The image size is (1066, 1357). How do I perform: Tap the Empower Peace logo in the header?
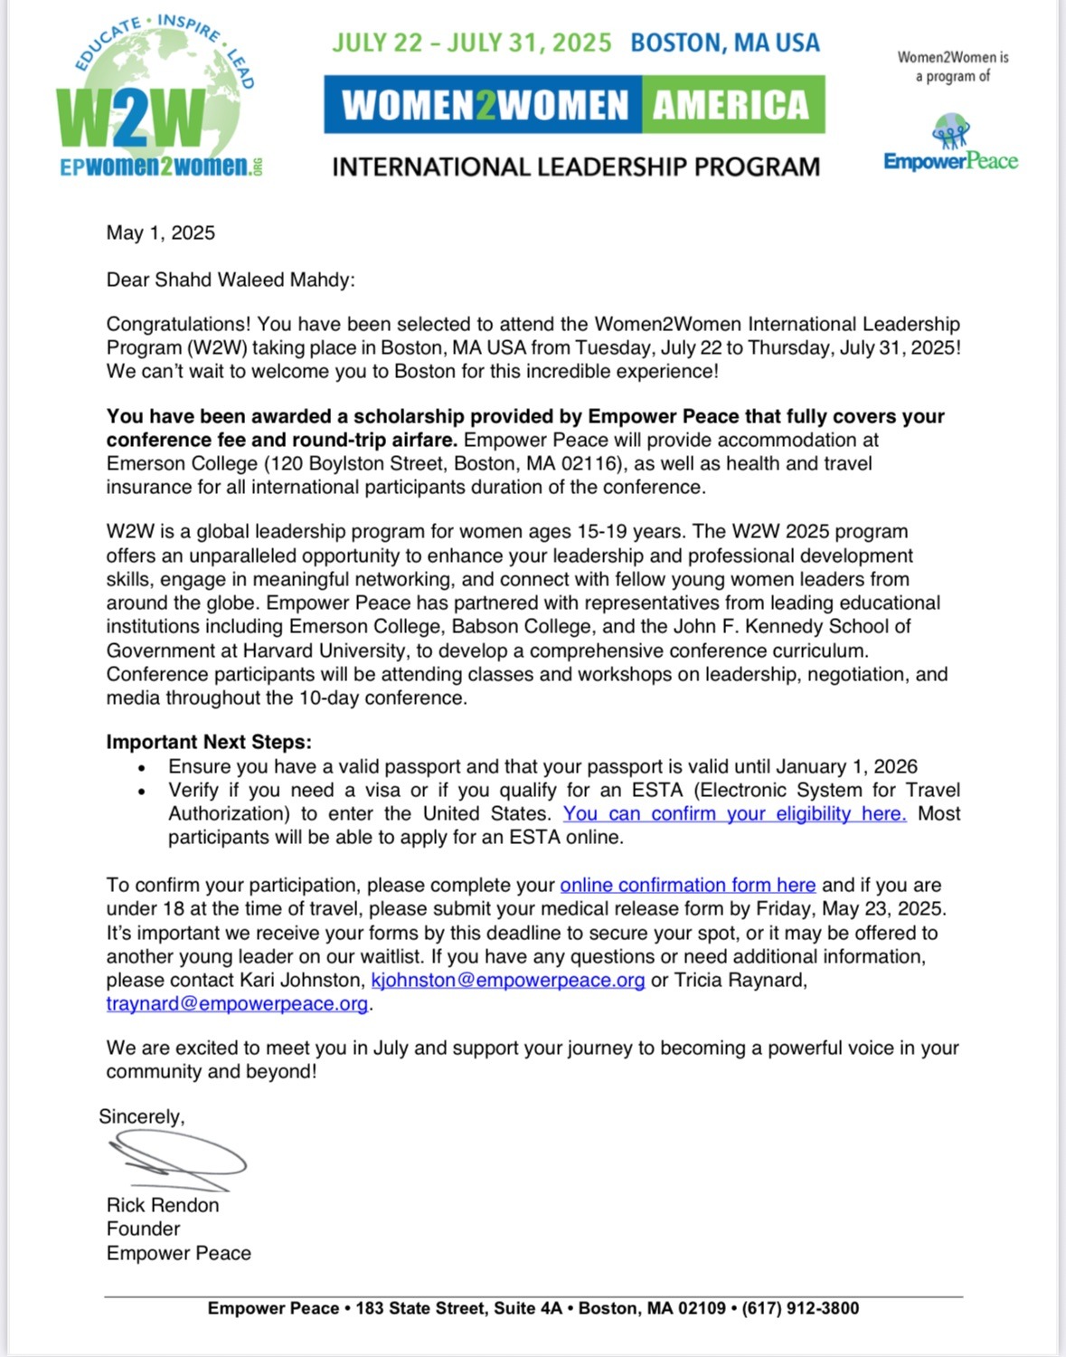pyautogui.click(x=950, y=145)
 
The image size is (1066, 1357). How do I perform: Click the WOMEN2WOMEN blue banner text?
pyautogui.click(x=485, y=105)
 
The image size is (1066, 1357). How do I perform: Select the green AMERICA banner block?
pyautogui.click(x=731, y=105)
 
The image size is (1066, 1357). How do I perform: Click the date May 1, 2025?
pyautogui.click(x=161, y=233)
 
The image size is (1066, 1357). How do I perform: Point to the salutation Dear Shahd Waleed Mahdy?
pyautogui.click(x=231, y=280)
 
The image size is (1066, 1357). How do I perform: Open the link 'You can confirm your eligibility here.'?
pyautogui.click(x=734, y=814)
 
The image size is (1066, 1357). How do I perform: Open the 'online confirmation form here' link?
pyautogui.click(x=687, y=885)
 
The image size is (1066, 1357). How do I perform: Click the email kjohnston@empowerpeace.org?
pyautogui.click(x=508, y=980)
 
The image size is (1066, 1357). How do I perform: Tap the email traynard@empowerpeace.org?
pyautogui.click(x=237, y=1003)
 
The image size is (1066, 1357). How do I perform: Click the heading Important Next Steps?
pyautogui.click(x=209, y=742)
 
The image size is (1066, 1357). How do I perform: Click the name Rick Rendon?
pyautogui.click(x=163, y=1205)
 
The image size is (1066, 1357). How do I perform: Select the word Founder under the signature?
pyautogui.click(x=143, y=1229)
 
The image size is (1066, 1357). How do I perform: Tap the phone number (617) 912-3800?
pyautogui.click(x=800, y=1308)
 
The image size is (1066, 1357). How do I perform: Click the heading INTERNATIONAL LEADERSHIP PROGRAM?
pyautogui.click(x=576, y=167)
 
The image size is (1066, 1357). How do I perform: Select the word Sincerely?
pyautogui.click(x=141, y=1116)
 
